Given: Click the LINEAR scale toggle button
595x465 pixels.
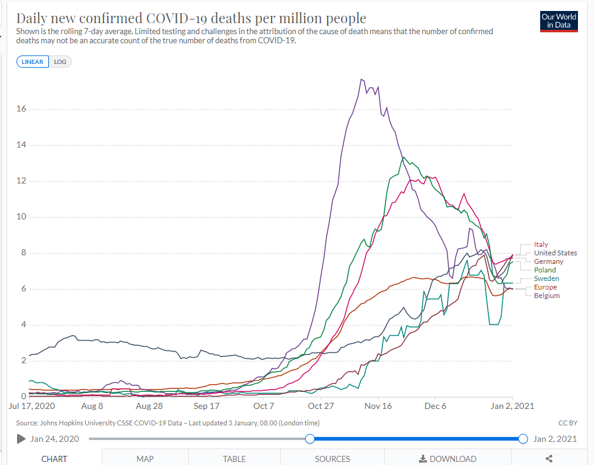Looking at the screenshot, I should pos(33,62).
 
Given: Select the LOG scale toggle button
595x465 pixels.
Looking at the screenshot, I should pos(60,62).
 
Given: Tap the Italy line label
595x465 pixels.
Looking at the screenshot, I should pos(541,244).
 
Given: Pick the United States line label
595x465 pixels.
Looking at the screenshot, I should pos(555,253).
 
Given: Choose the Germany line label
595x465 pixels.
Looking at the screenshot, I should pos(549,261).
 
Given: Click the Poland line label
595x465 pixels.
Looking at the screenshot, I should pos(544,270).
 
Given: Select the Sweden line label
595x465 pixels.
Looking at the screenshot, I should pos(546,279).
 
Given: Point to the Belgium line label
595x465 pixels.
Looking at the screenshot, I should pos(546,296).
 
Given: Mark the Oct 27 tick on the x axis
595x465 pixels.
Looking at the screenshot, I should pos(320,406).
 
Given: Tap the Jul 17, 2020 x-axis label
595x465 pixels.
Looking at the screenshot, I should pos(32,406).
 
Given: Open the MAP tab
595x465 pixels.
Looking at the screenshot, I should pos(145,458).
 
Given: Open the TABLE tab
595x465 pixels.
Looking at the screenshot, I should pos(234,458).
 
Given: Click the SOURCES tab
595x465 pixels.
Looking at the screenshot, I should pos(333,458).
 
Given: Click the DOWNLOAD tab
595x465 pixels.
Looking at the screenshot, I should pos(448,458).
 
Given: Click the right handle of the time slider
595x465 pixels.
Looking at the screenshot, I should pos(523,439).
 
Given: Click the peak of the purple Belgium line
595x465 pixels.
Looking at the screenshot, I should pos(362,79).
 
